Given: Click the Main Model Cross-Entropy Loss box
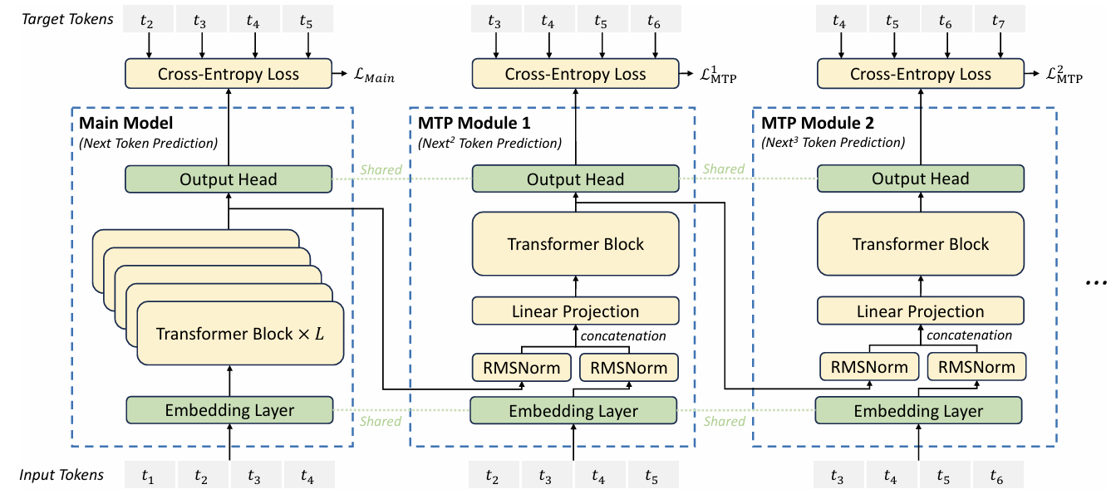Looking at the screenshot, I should [x=229, y=75].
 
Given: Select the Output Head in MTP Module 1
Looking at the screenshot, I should [x=575, y=179].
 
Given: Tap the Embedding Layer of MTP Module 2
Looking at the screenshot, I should [x=919, y=411].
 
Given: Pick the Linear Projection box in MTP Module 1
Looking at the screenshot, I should [x=575, y=311].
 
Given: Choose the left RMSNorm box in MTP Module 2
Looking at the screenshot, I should [x=869, y=367].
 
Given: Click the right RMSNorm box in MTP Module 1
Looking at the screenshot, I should [x=627, y=367].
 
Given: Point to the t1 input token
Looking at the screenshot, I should [x=148, y=477].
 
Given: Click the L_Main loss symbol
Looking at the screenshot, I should [x=372, y=78].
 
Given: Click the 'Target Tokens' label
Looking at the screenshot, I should [x=67, y=18].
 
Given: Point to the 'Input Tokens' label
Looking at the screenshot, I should [x=62, y=475].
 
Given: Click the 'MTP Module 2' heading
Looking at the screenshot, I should [x=812, y=124].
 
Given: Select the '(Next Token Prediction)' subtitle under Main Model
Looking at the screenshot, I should [x=148, y=142].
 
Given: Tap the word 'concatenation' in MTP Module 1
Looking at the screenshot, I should [x=623, y=336].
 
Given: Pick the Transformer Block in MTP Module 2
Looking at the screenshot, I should [x=920, y=245].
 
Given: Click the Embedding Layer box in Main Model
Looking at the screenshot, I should [x=229, y=409].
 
